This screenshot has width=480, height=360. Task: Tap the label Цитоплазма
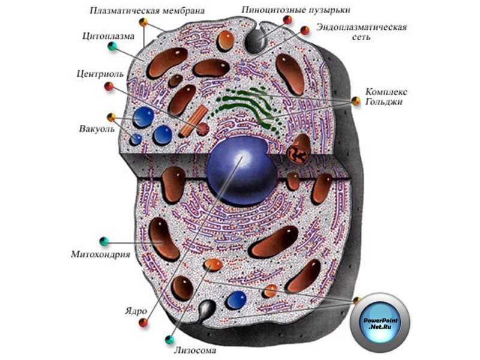coord(108,34)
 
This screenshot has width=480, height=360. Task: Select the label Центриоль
coord(100,74)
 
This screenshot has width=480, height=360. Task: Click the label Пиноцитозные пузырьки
coord(295,10)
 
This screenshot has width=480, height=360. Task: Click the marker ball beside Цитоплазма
coord(112,46)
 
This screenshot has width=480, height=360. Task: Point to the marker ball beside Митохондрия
coord(104,241)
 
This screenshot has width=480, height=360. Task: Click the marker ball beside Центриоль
coord(109,86)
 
